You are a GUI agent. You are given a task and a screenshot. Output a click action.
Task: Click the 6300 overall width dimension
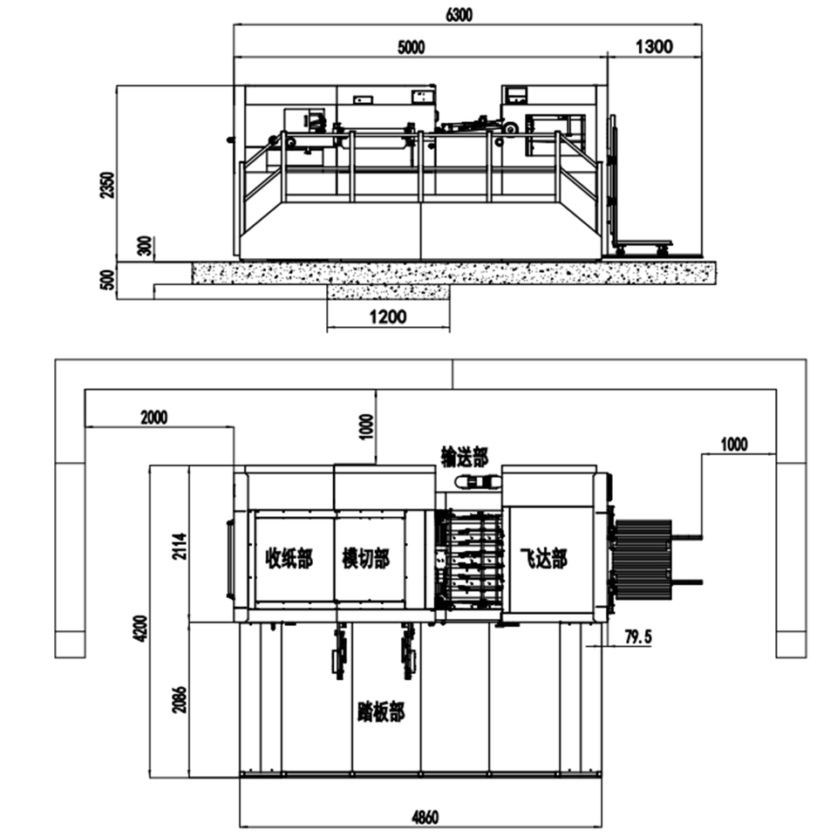tap(459, 15)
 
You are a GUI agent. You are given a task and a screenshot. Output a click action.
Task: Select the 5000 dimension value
tap(411, 47)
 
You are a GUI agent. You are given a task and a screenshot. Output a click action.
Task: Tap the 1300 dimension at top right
tap(654, 46)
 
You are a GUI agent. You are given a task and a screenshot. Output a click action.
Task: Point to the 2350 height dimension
tap(107, 185)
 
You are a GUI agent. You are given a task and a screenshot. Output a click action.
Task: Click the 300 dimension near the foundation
tap(146, 246)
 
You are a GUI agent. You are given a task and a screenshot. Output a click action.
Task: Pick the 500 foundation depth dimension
tap(107, 280)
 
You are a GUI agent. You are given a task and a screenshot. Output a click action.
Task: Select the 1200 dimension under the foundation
tap(388, 317)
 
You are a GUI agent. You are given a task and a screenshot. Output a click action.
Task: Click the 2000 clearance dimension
tap(153, 417)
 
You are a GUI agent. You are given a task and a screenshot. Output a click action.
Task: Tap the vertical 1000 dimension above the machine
tap(367, 426)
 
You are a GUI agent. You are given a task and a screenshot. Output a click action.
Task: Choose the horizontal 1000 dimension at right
tap(734, 444)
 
